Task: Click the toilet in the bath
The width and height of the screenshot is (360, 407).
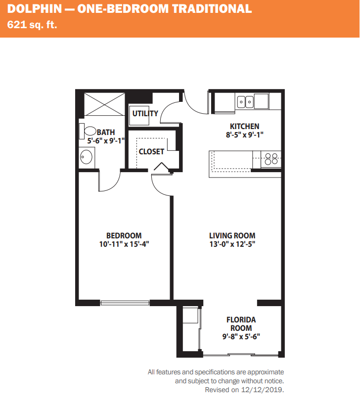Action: coord(88,131)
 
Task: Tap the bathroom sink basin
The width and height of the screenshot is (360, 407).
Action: coord(86,157)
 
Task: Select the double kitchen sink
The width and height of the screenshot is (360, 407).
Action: coord(245,102)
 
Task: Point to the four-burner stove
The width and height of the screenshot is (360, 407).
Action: coord(271,159)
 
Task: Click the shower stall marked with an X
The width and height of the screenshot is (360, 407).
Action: coord(104,104)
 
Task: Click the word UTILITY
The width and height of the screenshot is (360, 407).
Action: coord(145,113)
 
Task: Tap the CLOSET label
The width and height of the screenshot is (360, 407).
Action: coord(151,151)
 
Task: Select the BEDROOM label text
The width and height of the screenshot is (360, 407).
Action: coord(124,235)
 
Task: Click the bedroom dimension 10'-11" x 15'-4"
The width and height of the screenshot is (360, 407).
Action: coord(124,244)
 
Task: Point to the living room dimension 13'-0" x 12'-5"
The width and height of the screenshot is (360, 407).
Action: coord(232,244)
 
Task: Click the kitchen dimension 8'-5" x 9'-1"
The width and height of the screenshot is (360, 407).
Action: coord(244,135)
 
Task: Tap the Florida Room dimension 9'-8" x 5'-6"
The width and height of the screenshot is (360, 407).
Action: coord(241,336)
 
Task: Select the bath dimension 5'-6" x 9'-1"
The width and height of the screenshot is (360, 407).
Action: coord(106,141)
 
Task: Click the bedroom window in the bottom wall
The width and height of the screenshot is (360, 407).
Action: coord(125,303)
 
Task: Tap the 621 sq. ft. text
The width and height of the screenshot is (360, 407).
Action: coord(32,25)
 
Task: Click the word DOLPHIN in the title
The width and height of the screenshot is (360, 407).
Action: coord(35,9)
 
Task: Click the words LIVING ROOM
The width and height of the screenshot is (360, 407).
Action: coord(232,235)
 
